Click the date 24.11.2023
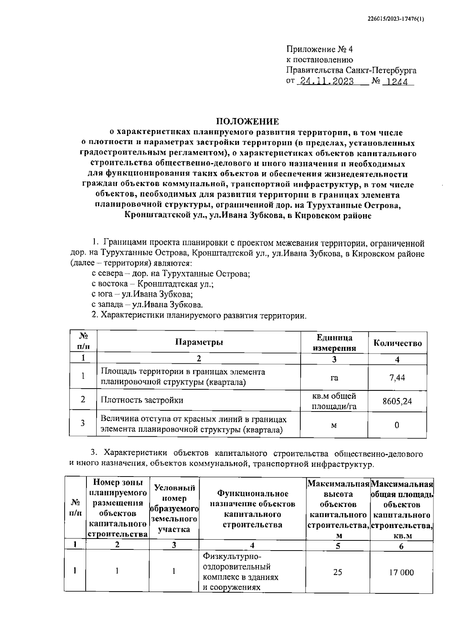[325, 81]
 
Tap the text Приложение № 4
[320, 49]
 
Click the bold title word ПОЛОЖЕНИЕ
[247, 121]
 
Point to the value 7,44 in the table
[397, 377]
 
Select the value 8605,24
[397, 401]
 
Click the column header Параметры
[199, 342]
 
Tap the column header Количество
[397, 343]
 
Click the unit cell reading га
[334, 377]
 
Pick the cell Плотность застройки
[142, 400]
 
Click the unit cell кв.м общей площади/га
[334, 401]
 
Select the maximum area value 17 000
[401, 572]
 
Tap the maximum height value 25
[337, 572]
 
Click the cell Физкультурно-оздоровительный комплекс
[241, 572]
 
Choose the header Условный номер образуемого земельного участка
[174, 508]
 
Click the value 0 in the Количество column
[397, 425]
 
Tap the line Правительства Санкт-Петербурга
[351, 70]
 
